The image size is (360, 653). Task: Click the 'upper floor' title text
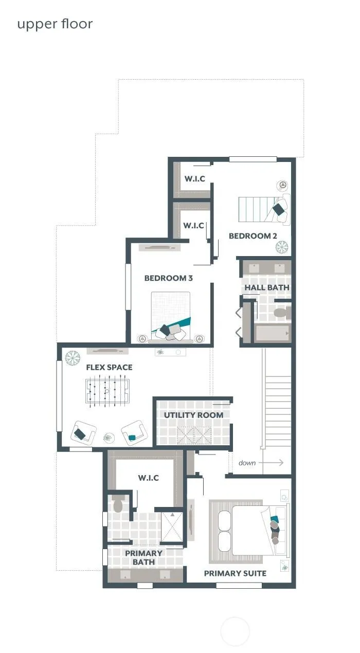[x=55, y=24]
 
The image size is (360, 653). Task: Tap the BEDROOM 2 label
[x=253, y=236]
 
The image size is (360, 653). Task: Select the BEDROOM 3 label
[x=169, y=278]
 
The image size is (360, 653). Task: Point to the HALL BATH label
[x=267, y=287]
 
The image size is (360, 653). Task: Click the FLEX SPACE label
[x=109, y=367]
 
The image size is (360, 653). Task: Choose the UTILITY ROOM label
[x=193, y=415]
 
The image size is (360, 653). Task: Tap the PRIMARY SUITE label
[x=235, y=573]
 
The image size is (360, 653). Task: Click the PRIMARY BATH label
[x=143, y=557]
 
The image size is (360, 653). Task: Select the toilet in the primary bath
[x=118, y=504]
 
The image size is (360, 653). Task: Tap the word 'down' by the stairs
[x=247, y=463]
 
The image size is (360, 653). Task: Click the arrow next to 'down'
[x=271, y=463]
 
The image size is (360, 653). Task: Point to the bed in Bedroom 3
[x=171, y=316]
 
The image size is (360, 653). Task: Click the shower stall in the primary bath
[x=172, y=527]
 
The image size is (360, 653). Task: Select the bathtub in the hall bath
[x=272, y=333]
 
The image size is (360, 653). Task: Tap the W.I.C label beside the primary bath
[x=149, y=478]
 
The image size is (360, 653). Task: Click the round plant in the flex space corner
[x=73, y=358]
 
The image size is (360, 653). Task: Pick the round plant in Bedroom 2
[x=282, y=247]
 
